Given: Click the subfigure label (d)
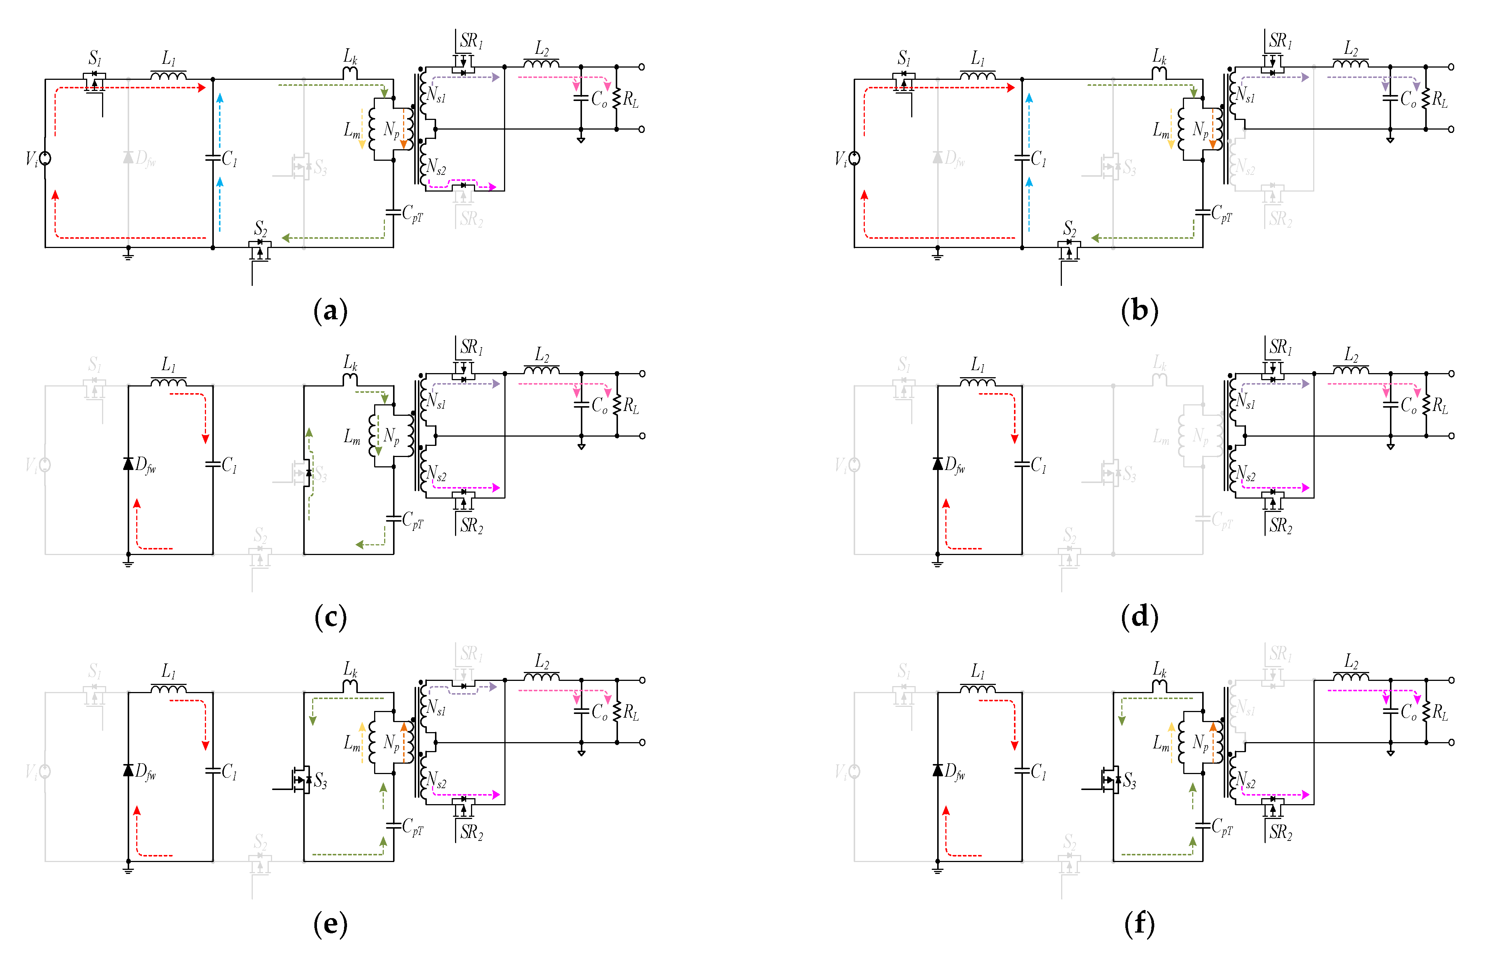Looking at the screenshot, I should pos(1139,617).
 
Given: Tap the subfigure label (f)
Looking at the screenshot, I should pos(1139,924).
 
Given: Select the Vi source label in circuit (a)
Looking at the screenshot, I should pos(31,159).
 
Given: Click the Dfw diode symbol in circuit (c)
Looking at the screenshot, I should pos(128,464).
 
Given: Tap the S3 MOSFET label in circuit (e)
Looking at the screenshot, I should pos(320,780).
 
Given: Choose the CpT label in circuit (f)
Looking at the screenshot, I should pos(1222,827).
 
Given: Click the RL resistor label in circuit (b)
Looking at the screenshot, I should pos(1439,99).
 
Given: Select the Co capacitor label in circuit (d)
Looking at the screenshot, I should pos(1408,406).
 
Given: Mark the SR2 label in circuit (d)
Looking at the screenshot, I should pos(1280,525).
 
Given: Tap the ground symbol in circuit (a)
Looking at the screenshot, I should pos(128,254).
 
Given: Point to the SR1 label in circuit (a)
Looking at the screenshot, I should pos(471,41).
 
